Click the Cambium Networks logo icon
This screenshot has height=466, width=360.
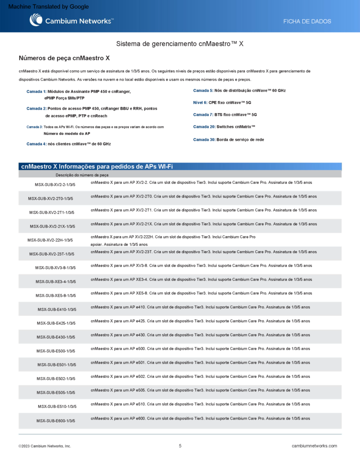[x=36, y=20]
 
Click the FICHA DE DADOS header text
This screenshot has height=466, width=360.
[x=307, y=21]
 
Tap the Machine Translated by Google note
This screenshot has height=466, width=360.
[x=49, y=7]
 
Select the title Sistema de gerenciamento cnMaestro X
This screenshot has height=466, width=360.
[x=180, y=44]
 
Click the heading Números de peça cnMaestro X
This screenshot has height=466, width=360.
[x=64, y=58]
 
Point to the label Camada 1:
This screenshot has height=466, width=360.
[x=36, y=91]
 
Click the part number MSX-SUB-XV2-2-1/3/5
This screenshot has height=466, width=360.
[x=55, y=185]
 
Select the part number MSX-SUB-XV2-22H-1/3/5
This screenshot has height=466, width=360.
[x=50, y=240]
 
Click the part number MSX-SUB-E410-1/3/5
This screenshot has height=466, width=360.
[x=57, y=309]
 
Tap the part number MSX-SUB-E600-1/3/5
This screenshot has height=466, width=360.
[x=56, y=420]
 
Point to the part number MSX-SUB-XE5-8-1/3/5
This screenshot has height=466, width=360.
[x=56, y=295]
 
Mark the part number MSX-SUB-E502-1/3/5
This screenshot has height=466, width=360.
[x=56, y=379]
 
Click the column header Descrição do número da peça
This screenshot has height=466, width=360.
[x=82, y=175]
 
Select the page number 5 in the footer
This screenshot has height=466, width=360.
[x=180, y=446]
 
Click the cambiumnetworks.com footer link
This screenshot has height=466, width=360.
[x=314, y=446]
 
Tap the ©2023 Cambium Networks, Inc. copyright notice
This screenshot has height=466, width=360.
[x=45, y=446]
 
